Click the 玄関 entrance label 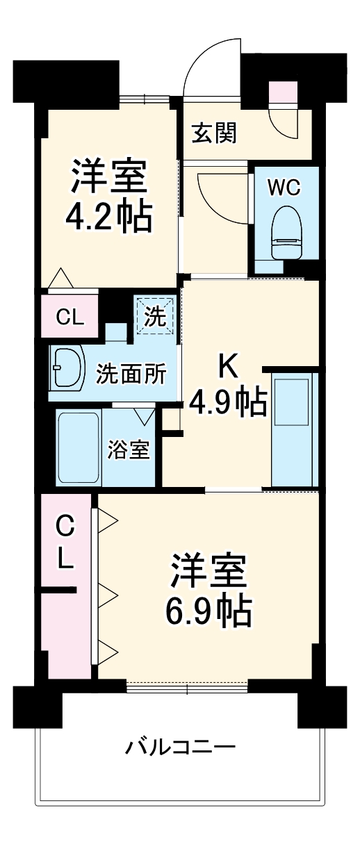pyautogui.click(x=215, y=132)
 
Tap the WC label pyautogui.click(x=285, y=187)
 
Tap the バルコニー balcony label pyautogui.click(x=180, y=748)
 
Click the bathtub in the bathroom pyautogui.click(x=78, y=448)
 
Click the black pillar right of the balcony pyautogui.click(x=322, y=707)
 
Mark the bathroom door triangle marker pyautogui.click(x=145, y=415)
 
